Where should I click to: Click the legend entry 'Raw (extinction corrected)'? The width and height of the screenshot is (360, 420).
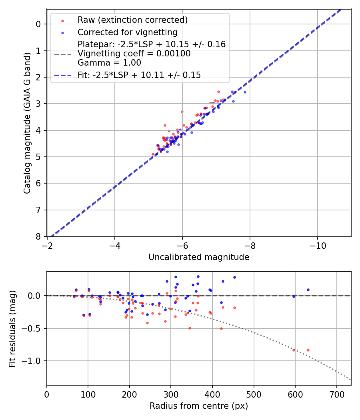coord(132,20)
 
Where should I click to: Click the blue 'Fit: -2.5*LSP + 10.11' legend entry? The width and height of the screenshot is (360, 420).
coord(139,75)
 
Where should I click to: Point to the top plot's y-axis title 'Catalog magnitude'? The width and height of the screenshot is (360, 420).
coord(27,123)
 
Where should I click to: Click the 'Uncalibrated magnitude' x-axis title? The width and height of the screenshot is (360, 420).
coord(199,257)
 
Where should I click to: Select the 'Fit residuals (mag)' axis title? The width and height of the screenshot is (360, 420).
coord(13,328)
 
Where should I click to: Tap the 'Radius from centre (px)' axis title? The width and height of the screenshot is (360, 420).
coord(199,406)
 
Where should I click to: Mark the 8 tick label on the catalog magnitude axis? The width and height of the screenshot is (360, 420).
coord(38,236)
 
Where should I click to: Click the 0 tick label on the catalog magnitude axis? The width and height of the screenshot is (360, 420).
coord(38,24)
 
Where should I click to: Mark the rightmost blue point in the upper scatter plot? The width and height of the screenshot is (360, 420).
coord(245,92)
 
